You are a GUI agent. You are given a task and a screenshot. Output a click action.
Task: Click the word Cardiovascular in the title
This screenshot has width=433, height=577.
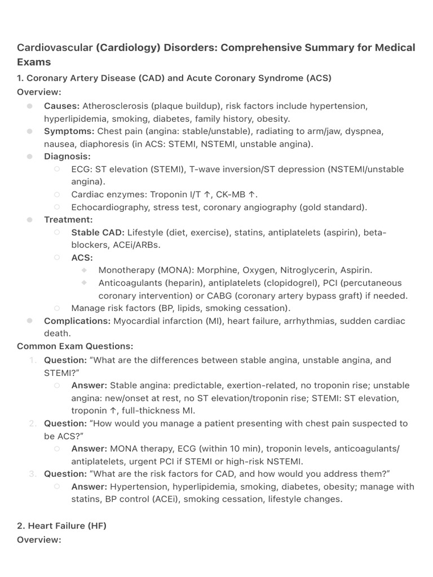[x=55, y=47]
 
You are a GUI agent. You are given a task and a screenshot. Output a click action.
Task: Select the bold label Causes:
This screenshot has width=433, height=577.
[x=62, y=106]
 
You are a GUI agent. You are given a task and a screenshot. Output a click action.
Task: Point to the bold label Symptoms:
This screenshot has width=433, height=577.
[x=69, y=131]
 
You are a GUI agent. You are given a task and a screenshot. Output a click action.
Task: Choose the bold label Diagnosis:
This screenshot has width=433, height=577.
[x=67, y=157]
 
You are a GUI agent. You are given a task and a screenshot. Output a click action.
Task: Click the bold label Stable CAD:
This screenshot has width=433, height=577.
[x=98, y=232]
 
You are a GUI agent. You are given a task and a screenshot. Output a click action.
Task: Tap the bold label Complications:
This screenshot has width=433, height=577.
[x=77, y=321]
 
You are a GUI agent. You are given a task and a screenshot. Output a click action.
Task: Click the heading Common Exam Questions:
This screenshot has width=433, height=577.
[x=75, y=346]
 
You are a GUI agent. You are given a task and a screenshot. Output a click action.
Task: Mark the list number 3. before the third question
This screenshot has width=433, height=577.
[x=33, y=474]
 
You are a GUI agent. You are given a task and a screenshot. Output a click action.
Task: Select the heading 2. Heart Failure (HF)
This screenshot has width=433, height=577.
[x=61, y=526]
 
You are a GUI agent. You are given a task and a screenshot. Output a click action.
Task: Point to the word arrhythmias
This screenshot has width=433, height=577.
[x=294, y=321]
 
